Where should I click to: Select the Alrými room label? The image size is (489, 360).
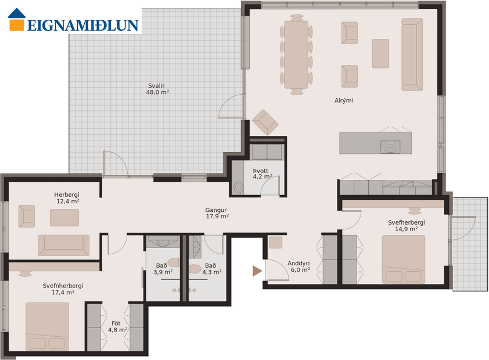click(344, 100)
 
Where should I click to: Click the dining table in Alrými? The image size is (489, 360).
click(296, 55)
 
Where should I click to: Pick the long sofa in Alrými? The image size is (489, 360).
click(412, 54)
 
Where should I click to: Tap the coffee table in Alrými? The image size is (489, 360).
click(380, 53)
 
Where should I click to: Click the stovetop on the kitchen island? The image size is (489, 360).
click(390, 146)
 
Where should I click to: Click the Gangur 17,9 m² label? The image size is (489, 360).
click(217, 213)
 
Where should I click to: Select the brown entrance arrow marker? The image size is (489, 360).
click(257, 271)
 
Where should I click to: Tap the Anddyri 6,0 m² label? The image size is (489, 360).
click(299, 266)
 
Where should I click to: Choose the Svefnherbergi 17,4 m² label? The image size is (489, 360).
click(63, 289)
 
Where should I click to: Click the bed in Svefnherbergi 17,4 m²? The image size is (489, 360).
click(47, 326)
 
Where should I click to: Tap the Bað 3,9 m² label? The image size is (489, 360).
click(163, 269)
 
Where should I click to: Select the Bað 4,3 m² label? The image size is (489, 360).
click(211, 269)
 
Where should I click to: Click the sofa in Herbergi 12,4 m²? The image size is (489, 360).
click(63, 245)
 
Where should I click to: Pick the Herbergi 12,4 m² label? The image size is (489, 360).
click(67, 198)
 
